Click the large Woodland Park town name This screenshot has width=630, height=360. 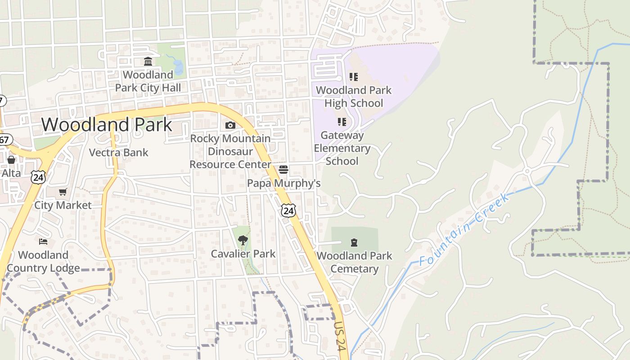pos(107,125)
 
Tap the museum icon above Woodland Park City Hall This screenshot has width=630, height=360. pos(148,61)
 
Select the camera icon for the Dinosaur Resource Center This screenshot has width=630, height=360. pos(230,125)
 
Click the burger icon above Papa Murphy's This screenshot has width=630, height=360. pos(283,170)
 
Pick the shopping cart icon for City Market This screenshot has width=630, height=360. pos(63,192)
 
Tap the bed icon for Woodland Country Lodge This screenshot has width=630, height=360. pos(43,242)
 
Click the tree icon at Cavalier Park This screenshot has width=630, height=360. pos(243,240)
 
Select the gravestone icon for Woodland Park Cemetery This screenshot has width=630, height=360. pos(354,243)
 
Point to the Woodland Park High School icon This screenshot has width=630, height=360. pos(354,77)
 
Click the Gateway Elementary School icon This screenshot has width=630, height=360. pos(342,122)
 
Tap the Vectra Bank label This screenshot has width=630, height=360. pos(119,153)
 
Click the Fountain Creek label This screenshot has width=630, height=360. pos(465,229)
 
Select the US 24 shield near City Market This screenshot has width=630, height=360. pos(39,177)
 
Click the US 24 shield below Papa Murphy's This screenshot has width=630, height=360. pos(288,210)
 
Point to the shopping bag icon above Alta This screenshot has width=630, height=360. pos(11,160)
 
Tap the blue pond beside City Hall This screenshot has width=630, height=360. pos(177,67)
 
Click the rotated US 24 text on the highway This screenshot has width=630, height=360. pos(339,335)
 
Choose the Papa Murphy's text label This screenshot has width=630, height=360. pos(284,183)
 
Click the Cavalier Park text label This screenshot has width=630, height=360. pos(243,254)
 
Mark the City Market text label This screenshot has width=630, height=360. pos(63,206)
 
